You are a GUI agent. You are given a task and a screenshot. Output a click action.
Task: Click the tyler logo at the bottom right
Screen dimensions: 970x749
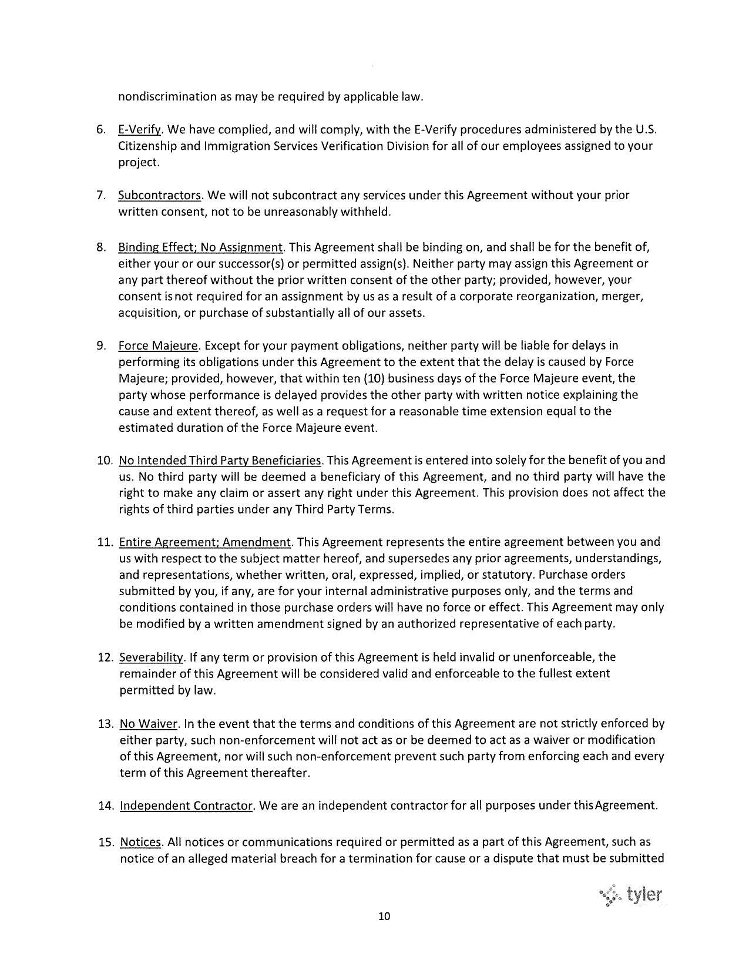pyautogui.click(x=632, y=895)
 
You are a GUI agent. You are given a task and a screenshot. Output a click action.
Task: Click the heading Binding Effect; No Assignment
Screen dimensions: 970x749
pyautogui.click(x=200, y=247)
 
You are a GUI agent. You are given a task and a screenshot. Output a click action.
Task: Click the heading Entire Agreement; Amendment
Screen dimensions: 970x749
pyautogui.click(x=205, y=542)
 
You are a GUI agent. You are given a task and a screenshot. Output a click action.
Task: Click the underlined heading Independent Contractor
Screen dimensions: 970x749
pyautogui.click(x=186, y=805)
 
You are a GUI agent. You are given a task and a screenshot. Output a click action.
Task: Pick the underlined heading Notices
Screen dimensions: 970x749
pyautogui.click(x=140, y=843)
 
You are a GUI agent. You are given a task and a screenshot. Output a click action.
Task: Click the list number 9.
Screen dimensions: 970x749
pyautogui.click(x=100, y=345)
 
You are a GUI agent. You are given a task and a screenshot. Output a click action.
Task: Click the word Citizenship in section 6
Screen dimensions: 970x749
pyautogui.click(x=147, y=146)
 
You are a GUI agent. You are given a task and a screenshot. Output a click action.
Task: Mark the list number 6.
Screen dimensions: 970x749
pyautogui.click(x=100, y=129)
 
